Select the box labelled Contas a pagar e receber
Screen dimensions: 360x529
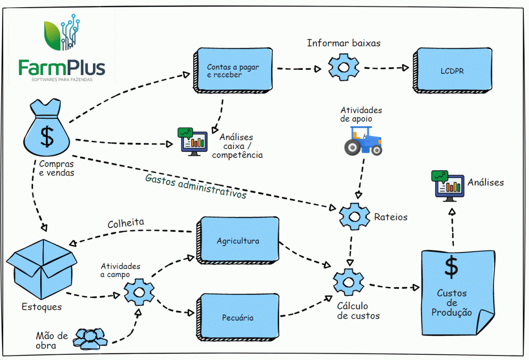[234, 71]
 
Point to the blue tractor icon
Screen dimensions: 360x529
[363, 141]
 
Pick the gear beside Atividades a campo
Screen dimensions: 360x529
[138, 292]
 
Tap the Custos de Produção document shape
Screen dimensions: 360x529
[451, 292]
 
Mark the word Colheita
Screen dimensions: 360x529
[126, 224]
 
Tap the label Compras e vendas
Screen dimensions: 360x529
[56, 168]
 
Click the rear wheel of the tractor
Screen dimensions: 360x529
[353, 148]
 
